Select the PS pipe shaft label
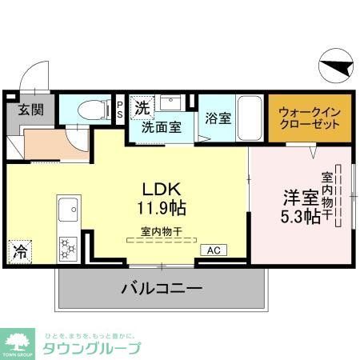(x=120, y=109)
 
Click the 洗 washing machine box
(x=142, y=106)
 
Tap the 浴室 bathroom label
(x=218, y=118)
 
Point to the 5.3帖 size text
(x=300, y=216)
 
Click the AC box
(x=214, y=250)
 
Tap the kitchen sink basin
(x=66, y=206)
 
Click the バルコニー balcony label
(x=162, y=288)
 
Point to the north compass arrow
(x=336, y=66)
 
